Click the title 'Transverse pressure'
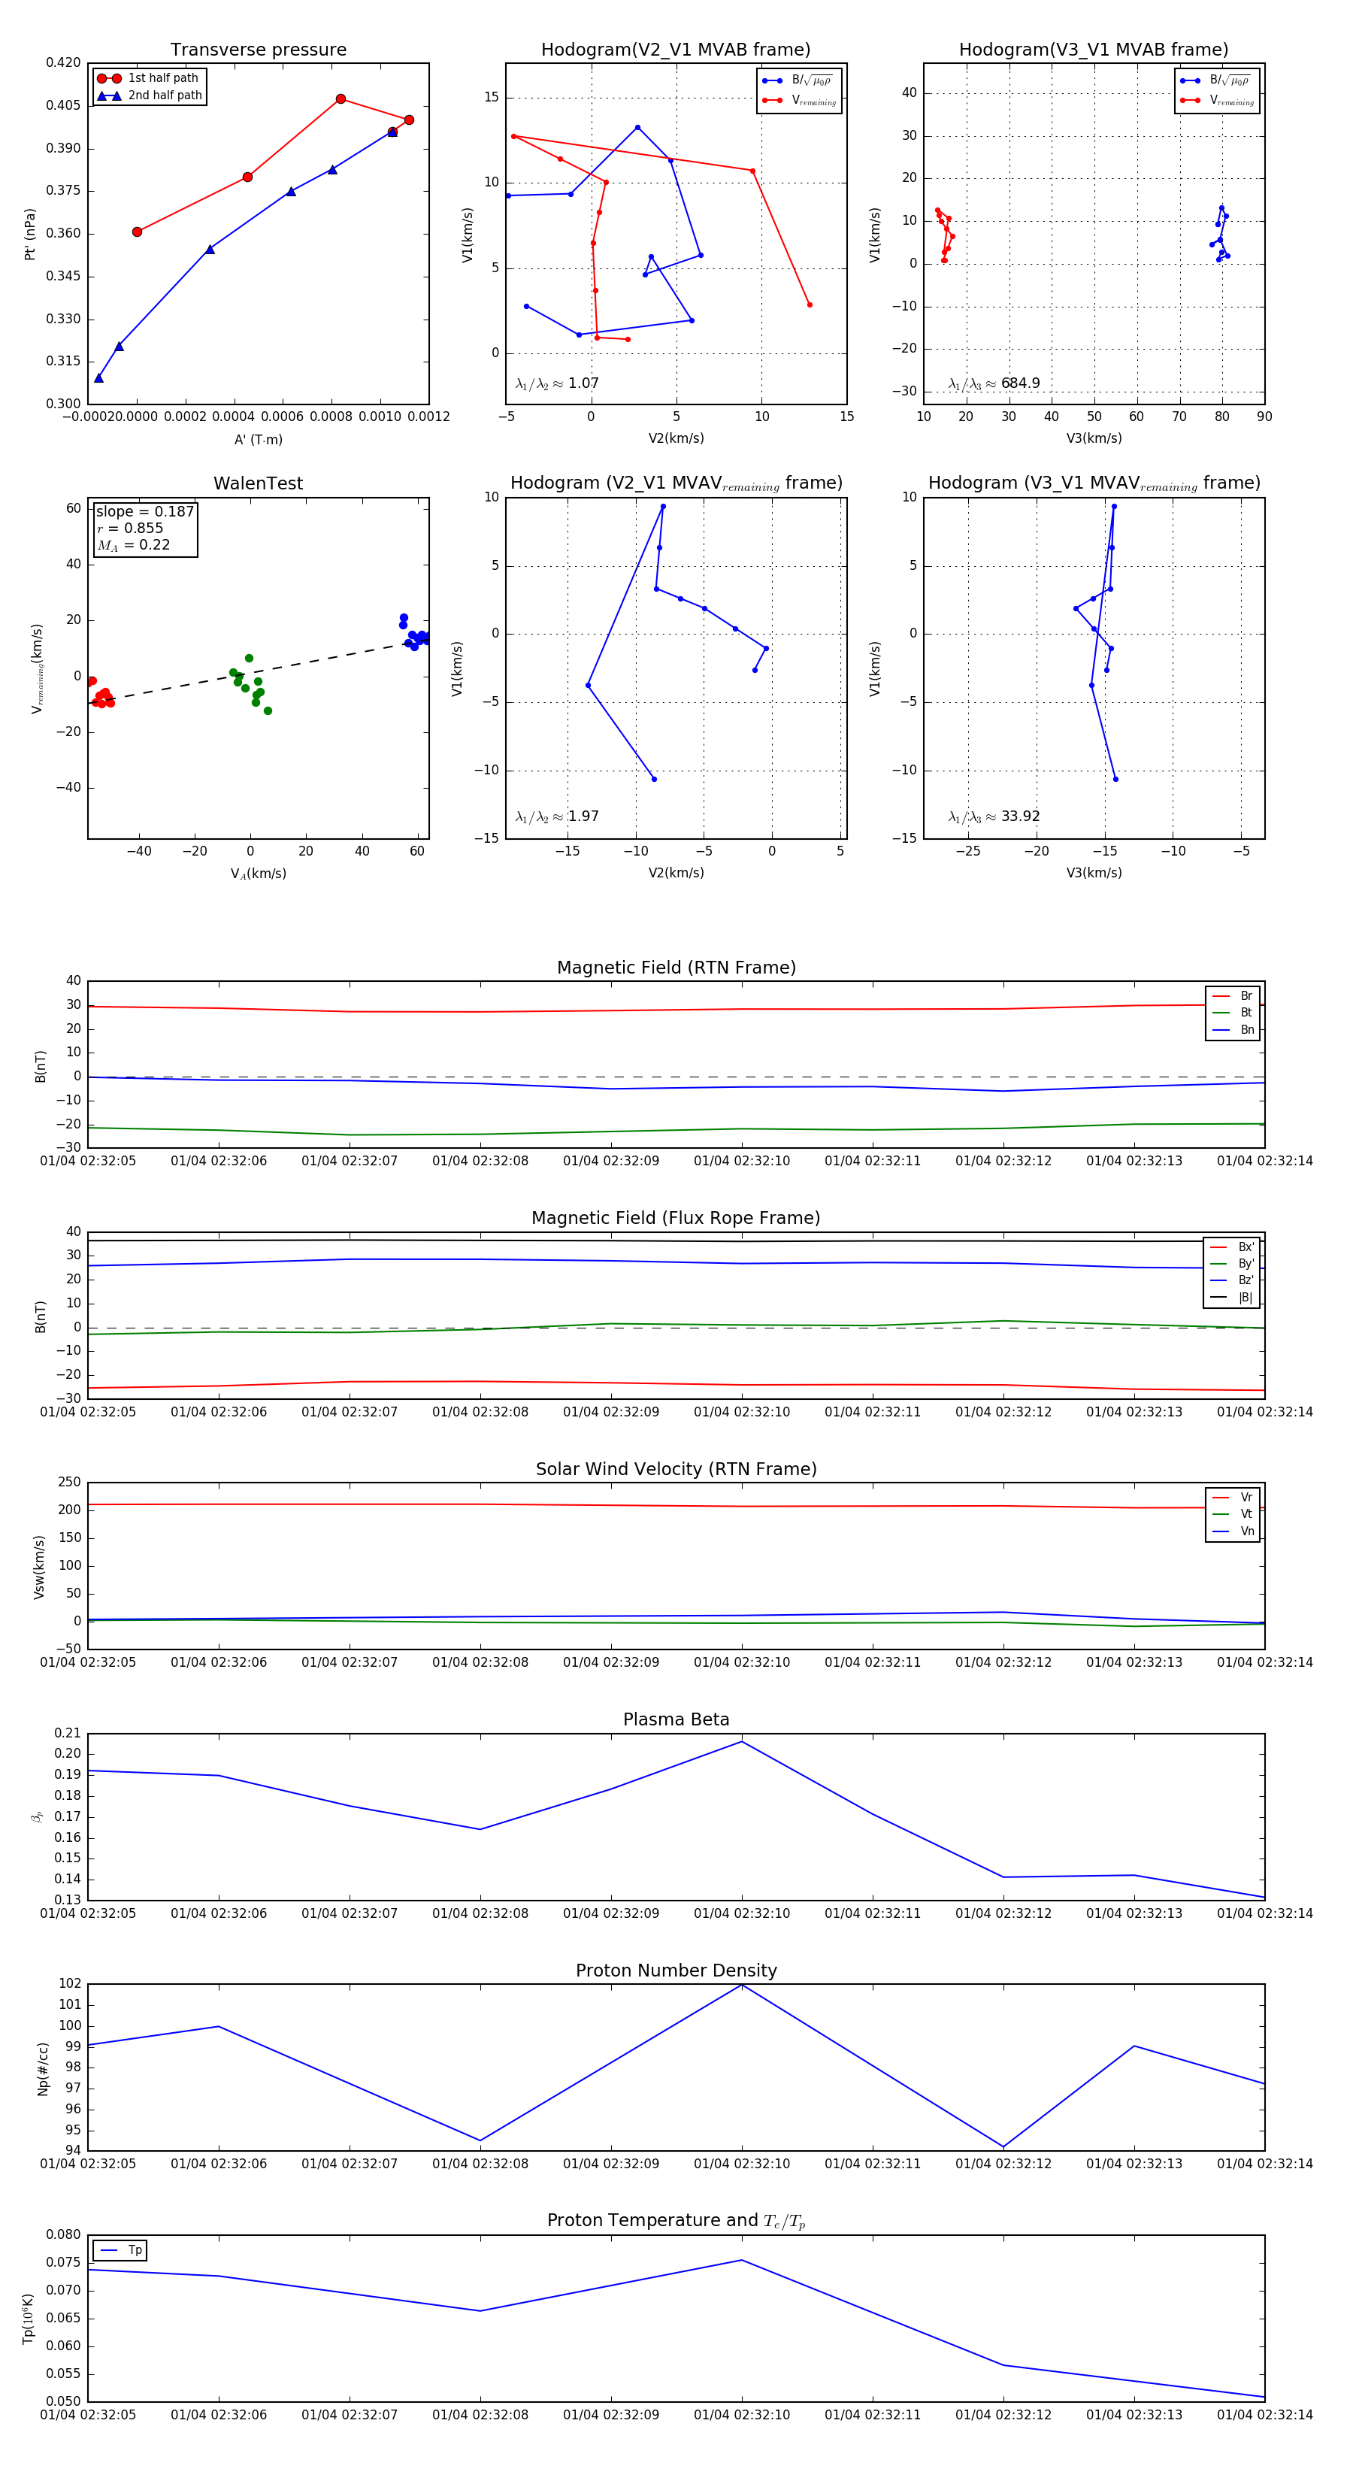pyautogui.click(x=258, y=50)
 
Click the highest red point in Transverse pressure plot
pyautogui.click(x=341, y=99)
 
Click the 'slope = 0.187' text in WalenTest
pyautogui.click(x=144, y=511)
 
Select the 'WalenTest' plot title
pyautogui.click(x=258, y=483)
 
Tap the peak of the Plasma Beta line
pyautogui.click(x=741, y=1741)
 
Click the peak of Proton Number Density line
pyautogui.click(x=741, y=1985)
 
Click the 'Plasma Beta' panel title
pyautogui.click(x=676, y=1719)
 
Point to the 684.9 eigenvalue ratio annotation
pyautogui.click(x=1020, y=383)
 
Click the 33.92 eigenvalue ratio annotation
pyautogui.click(x=1020, y=816)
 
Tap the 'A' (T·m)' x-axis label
pyautogui.click(x=258, y=439)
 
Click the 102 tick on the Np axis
pyautogui.click(x=71, y=1983)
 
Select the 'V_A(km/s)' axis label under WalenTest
pyautogui.click(x=258, y=874)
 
